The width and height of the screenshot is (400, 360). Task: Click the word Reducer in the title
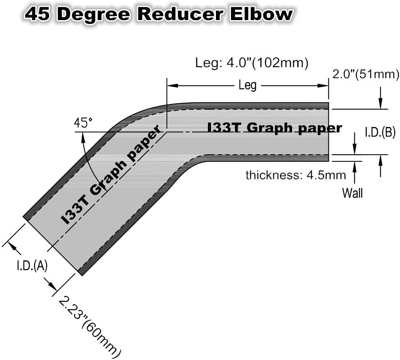point(180,14)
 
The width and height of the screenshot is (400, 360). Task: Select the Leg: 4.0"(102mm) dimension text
point(252,63)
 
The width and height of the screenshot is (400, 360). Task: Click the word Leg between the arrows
point(247,85)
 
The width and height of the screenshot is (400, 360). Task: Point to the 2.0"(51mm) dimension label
point(366,75)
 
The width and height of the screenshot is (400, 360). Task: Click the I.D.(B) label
point(380,132)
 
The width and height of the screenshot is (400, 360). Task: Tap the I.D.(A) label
point(32,266)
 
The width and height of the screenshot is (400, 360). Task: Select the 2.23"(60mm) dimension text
point(89,327)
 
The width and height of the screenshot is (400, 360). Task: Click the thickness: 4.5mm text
point(296,175)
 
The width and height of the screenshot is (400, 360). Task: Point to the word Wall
point(352,193)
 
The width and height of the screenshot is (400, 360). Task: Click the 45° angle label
point(83,123)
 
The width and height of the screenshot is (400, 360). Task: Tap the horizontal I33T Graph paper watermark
point(275,127)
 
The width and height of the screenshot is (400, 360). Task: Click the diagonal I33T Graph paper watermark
point(112,174)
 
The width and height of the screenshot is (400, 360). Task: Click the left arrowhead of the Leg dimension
point(172,85)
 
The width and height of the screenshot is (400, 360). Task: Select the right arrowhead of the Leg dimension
point(323,85)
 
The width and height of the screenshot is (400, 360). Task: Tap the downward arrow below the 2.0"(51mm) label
point(380,98)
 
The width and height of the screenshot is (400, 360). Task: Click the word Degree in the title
point(94,15)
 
